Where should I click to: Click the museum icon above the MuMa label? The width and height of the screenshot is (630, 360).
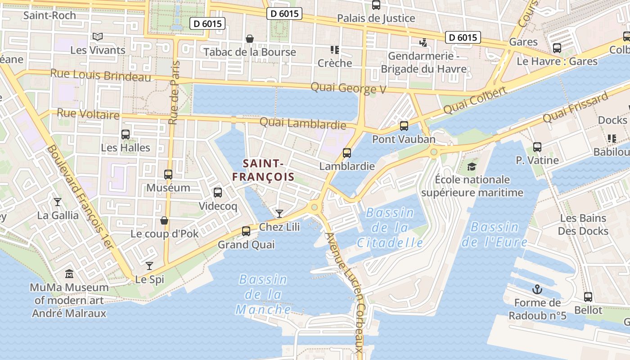coord(69,274)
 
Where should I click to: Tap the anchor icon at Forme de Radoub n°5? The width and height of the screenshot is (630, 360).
coord(537,289)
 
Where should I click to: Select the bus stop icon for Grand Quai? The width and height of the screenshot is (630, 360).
coord(246,231)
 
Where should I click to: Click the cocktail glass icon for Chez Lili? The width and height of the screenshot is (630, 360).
coord(279,213)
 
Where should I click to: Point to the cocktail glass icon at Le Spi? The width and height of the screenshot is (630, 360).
coord(149,266)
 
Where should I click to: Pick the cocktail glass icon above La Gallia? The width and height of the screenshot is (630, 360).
coord(58,202)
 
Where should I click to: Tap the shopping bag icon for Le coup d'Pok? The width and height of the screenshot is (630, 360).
coord(164,220)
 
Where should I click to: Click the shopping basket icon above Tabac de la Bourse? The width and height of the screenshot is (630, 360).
coord(250,39)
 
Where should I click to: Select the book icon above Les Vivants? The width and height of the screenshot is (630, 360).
coord(97,36)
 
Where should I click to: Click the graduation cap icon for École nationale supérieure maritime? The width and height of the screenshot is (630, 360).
coord(472,166)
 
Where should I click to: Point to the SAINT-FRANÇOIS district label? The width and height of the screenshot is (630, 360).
coord(263,170)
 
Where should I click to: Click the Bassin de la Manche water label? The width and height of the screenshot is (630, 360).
coord(263,295)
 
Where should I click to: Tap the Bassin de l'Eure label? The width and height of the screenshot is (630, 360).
coord(495,234)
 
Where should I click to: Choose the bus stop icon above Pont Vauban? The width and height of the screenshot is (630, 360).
coord(404,126)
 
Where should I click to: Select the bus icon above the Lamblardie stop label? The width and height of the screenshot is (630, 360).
coord(347,153)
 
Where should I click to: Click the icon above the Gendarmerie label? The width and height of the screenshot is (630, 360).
coord(423,43)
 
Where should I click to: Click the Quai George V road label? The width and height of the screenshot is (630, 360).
coord(348,88)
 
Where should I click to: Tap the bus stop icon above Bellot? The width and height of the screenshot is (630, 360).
coord(588,297)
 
